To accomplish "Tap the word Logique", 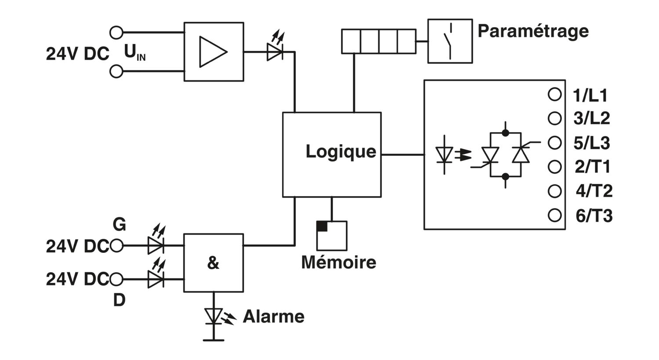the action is [340, 152].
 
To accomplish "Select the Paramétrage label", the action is [533, 32].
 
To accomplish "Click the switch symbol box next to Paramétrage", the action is [450, 41].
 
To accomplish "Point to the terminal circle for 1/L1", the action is [554, 94].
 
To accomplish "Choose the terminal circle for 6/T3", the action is [554, 215].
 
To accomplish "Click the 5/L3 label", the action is [592, 143].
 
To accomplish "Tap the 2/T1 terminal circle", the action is [554, 167].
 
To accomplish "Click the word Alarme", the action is [274, 317].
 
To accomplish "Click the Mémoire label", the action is [339, 263].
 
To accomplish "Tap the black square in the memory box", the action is [322, 226].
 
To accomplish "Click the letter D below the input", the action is [119, 300].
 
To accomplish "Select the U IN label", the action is [135, 53].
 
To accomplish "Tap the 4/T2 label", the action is [594, 191].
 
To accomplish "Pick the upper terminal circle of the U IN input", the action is [116, 32].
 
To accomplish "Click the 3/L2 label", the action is [592, 119].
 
